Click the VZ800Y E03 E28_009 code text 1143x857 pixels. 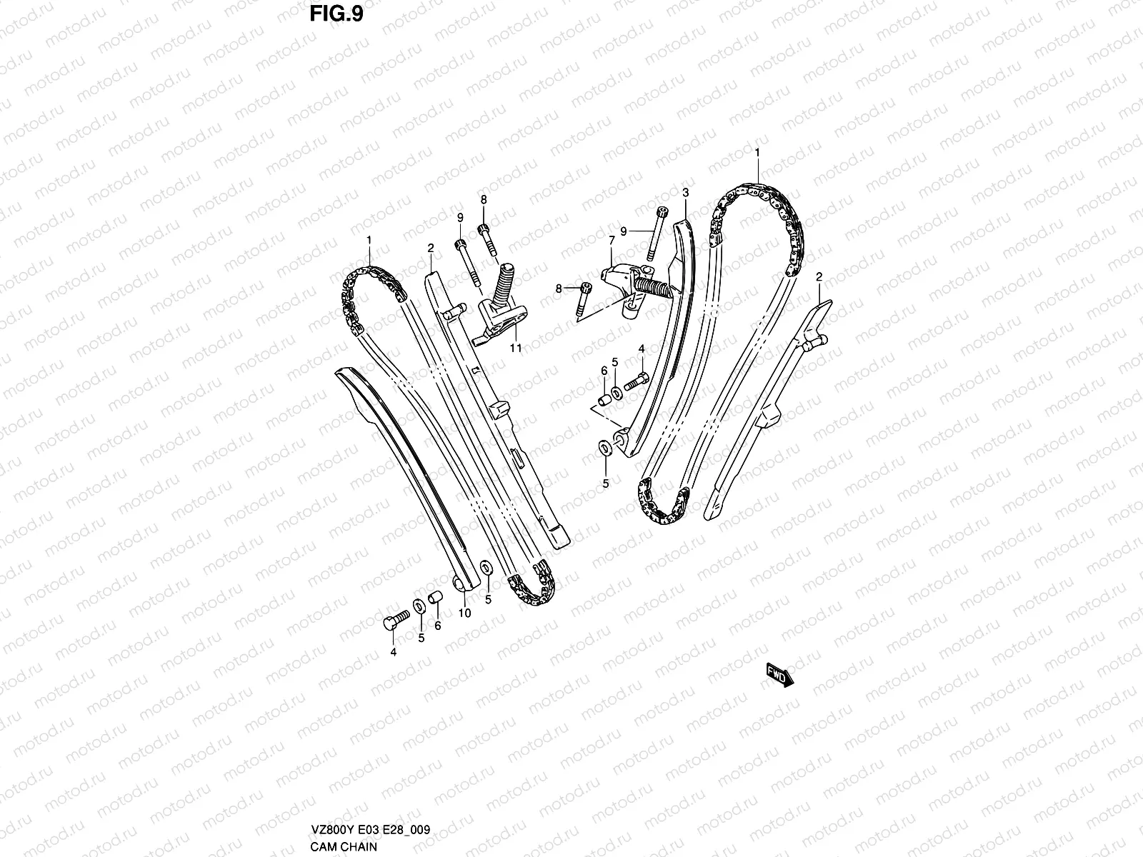[369, 830]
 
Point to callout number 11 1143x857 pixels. [515, 349]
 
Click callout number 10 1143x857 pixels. [464, 613]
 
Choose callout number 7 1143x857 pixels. [612, 242]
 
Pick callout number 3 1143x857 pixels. [685, 193]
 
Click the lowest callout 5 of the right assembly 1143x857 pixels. [605, 483]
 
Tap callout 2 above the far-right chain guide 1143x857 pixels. [819, 276]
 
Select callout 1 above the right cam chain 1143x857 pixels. [757, 152]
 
